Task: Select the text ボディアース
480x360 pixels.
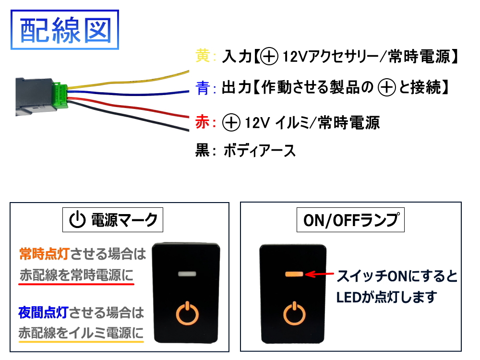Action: pos(260,151)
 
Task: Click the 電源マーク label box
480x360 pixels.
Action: pos(113,220)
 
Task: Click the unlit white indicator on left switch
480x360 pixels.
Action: pos(187,275)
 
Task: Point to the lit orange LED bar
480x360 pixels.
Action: pos(294,275)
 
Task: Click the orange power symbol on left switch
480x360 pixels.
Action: pos(187,312)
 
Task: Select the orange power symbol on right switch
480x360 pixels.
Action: pos(294,313)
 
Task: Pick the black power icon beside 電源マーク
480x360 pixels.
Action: pos(77,220)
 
